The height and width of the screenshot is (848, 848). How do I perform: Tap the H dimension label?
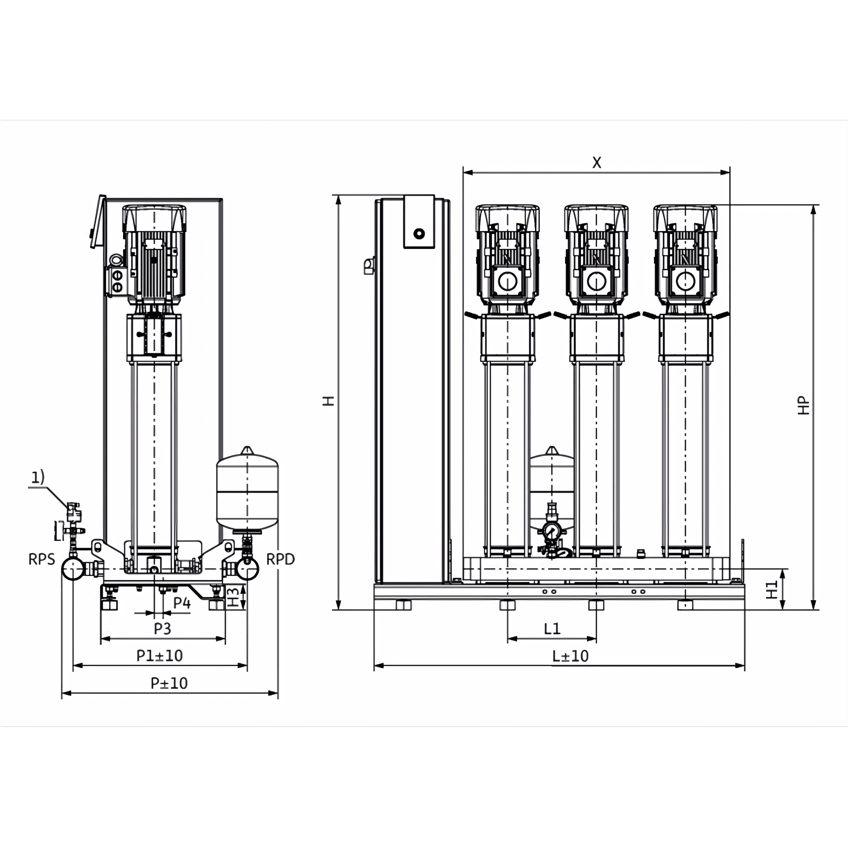(329, 401)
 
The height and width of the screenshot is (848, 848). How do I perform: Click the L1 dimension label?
(552, 629)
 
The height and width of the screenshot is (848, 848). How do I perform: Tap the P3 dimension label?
(162, 628)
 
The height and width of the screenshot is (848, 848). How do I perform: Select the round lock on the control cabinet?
(419, 234)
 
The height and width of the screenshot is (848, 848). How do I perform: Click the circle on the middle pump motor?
(596, 281)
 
